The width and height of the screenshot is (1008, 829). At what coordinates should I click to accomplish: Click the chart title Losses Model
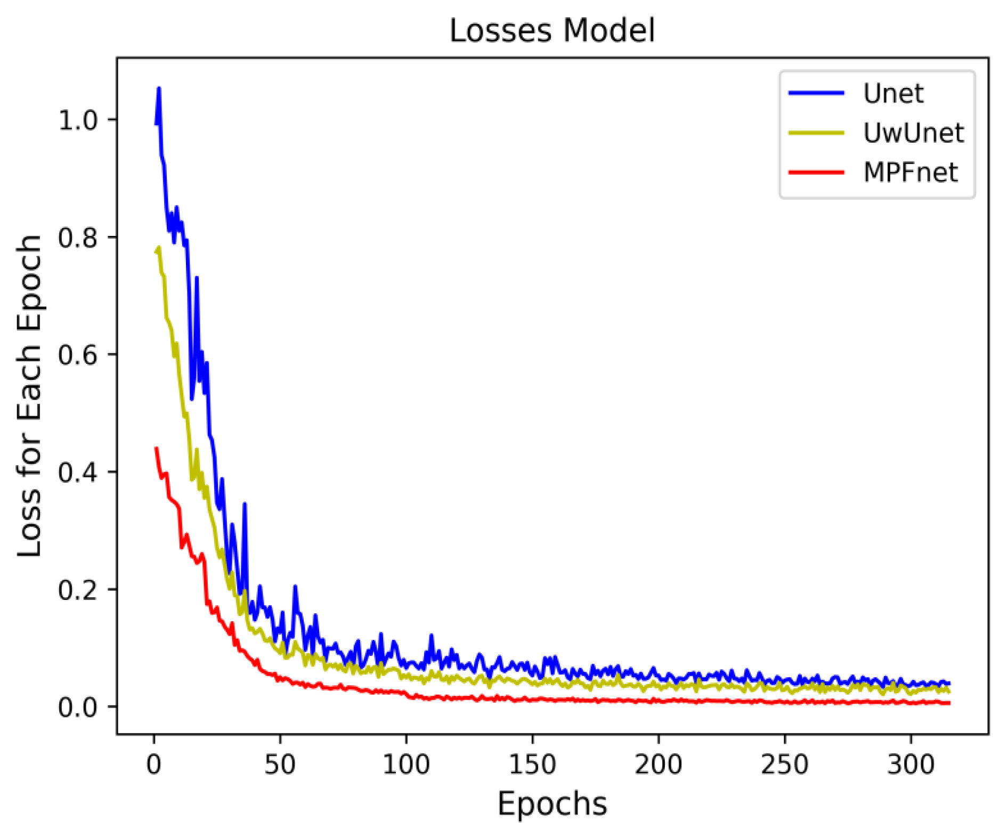pyautogui.click(x=552, y=31)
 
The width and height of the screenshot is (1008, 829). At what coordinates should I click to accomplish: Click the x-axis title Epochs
pyautogui.click(x=552, y=803)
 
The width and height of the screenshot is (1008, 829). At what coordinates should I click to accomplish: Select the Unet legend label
pyautogui.click(x=893, y=94)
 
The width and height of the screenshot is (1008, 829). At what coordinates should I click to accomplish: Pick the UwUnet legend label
pyautogui.click(x=913, y=133)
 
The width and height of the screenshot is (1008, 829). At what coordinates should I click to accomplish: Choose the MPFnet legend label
pyautogui.click(x=910, y=172)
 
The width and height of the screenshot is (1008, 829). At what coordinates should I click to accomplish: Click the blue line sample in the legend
pyautogui.click(x=816, y=93)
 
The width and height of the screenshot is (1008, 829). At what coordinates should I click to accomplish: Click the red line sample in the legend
pyautogui.click(x=816, y=172)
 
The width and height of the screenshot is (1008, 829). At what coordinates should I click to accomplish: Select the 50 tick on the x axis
pyautogui.click(x=280, y=765)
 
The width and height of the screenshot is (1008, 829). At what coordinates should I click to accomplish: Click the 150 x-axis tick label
pyautogui.click(x=532, y=765)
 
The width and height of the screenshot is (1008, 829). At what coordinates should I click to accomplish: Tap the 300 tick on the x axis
pyautogui.click(x=911, y=765)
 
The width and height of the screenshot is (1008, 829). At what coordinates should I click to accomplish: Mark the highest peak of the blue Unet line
pyautogui.click(x=159, y=88)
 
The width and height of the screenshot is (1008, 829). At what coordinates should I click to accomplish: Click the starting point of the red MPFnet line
pyautogui.click(x=156, y=448)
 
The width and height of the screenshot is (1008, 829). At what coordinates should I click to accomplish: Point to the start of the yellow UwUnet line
pyautogui.click(x=156, y=252)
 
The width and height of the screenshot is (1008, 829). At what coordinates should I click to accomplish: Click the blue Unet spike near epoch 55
pyautogui.click(x=295, y=587)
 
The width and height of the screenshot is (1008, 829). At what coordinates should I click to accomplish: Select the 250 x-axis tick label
pyautogui.click(x=784, y=765)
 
